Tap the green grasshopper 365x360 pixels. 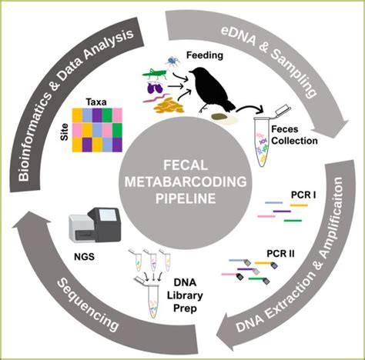click(155, 75)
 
